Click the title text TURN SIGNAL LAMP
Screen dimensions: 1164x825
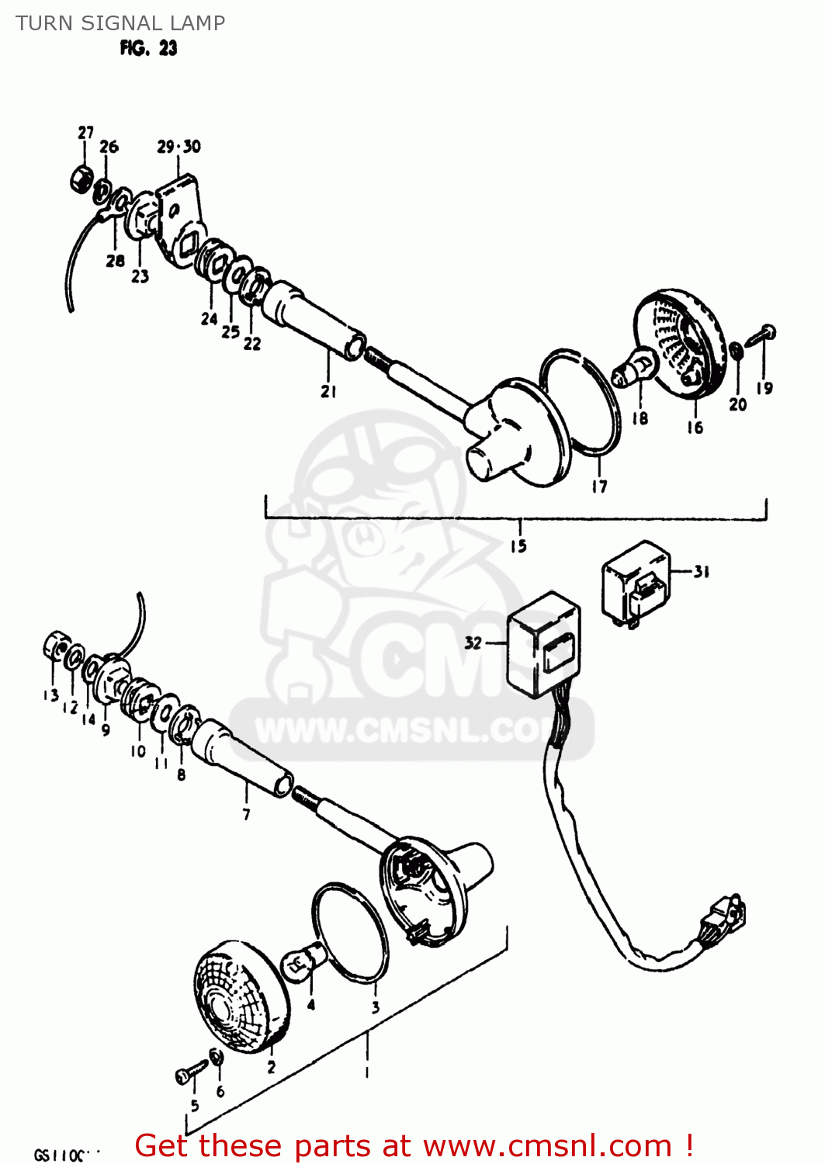point(120,23)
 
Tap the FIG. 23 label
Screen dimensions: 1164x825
point(148,48)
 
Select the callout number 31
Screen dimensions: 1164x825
point(701,572)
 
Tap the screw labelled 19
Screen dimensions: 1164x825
point(761,336)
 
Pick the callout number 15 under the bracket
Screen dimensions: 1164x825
point(518,546)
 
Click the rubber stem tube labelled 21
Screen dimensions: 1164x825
point(311,321)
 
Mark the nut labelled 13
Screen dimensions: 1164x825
point(54,646)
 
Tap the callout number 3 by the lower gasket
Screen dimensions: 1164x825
point(376,1007)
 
